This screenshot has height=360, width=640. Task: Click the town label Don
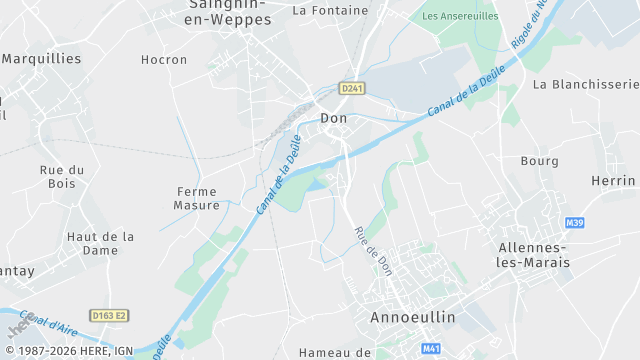pos(334,118)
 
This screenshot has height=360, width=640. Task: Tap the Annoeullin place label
pos(413,317)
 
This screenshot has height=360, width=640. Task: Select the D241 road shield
pos(352,88)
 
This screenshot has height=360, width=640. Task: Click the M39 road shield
pos(574,222)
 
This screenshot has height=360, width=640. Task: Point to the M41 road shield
pos(431,349)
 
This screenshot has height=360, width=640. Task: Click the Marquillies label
pos(42,58)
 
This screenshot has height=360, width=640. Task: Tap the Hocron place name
pos(164,60)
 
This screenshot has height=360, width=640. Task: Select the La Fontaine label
pos(330,11)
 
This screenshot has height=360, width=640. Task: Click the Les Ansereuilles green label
pos(460,16)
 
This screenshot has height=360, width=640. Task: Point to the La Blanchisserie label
pos(585,84)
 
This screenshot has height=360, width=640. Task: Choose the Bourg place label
pos(540,160)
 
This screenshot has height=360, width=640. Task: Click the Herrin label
pos(613,180)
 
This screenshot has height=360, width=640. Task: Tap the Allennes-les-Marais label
pos(534,254)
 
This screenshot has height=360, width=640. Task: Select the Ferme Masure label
pos(197,198)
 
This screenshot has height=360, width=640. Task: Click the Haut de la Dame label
pos(100,243)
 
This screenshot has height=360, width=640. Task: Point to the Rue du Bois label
pos(62,176)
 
